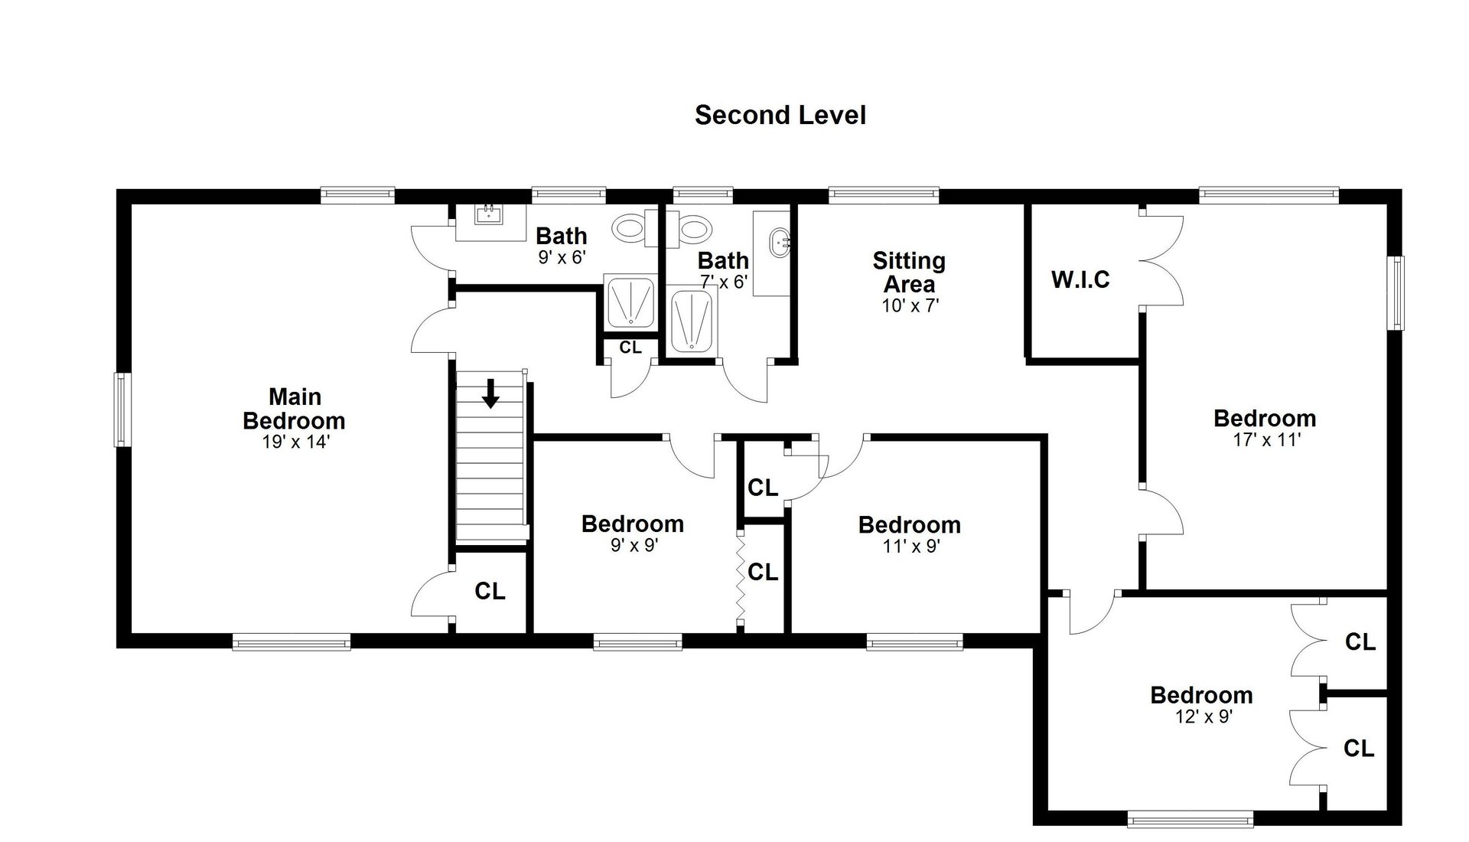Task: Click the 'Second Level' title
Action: pyautogui.click(x=780, y=115)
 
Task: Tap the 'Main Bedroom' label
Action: pyautogui.click(x=295, y=409)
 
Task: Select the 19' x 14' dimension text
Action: pyautogui.click(x=295, y=442)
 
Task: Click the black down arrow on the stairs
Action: pyautogui.click(x=490, y=393)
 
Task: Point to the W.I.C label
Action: pyautogui.click(x=1080, y=279)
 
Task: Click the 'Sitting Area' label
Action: pyautogui.click(x=909, y=273)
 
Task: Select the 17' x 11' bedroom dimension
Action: pyautogui.click(x=1266, y=440)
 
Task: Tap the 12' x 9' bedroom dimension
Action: pyautogui.click(x=1204, y=717)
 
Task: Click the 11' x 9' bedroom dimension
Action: pyautogui.click(x=910, y=547)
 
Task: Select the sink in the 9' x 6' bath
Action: pyautogui.click(x=487, y=214)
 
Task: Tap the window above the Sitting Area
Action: pyautogui.click(x=884, y=195)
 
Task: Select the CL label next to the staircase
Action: pyautogui.click(x=490, y=591)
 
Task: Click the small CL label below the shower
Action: pyautogui.click(x=630, y=348)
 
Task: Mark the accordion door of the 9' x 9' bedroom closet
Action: pyautogui.click(x=740, y=579)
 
